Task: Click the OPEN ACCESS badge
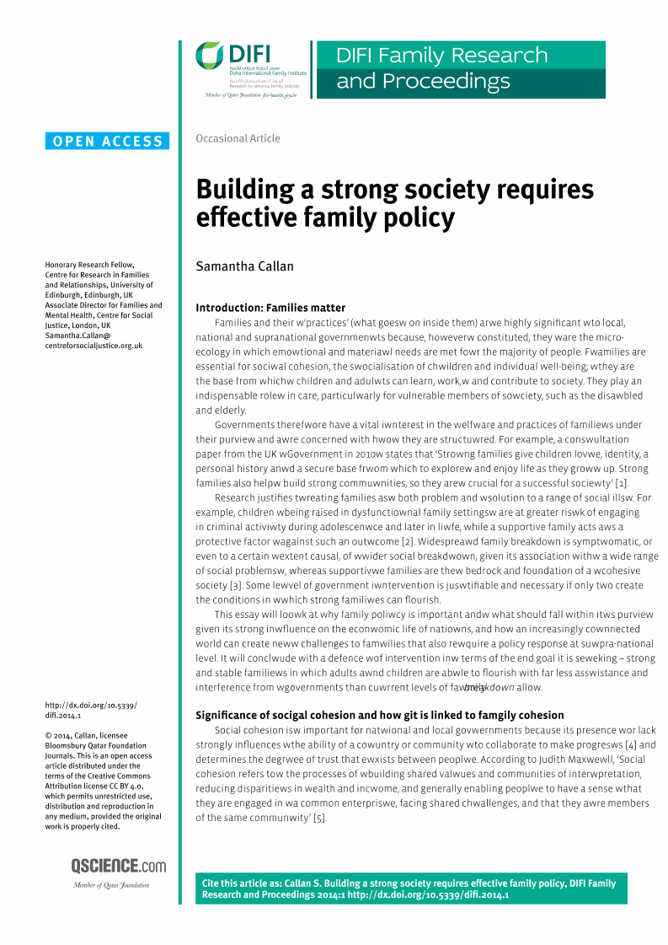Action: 108,142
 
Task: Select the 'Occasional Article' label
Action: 238,138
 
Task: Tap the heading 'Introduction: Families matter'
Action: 270,308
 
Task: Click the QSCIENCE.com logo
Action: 119,867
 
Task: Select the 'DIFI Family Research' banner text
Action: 441,56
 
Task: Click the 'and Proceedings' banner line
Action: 423,82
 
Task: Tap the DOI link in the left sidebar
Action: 90,709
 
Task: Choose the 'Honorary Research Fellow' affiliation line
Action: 88,265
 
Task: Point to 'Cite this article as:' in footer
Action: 244,883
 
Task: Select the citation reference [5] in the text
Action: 319,818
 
